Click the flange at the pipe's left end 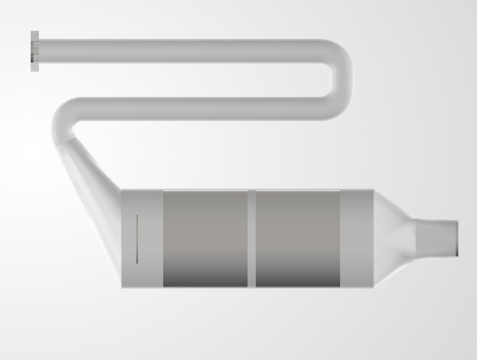pyautogui.click(x=35, y=51)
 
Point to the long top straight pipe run pyautogui.click(x=181, y=51)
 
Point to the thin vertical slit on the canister pyautogui.click(x=137, y=239)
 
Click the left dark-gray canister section pyautogui.click(x=205, y=238)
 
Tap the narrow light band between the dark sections pyautogui.click(x=251, y=238)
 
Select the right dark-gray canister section pyautogui.click(x=298, y=238)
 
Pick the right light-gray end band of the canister pyautogui.click(x=357, y=238)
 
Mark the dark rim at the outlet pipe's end pyautogui.click(x=457, y=237)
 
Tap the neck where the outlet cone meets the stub pyautogui.click(x=415, y=237)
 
